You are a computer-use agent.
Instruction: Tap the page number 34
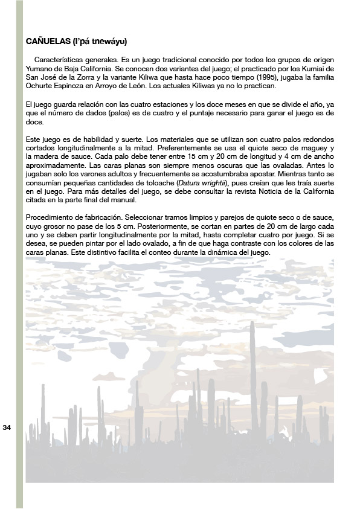(x=7, y=427)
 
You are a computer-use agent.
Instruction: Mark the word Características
(x=62, y=61)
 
